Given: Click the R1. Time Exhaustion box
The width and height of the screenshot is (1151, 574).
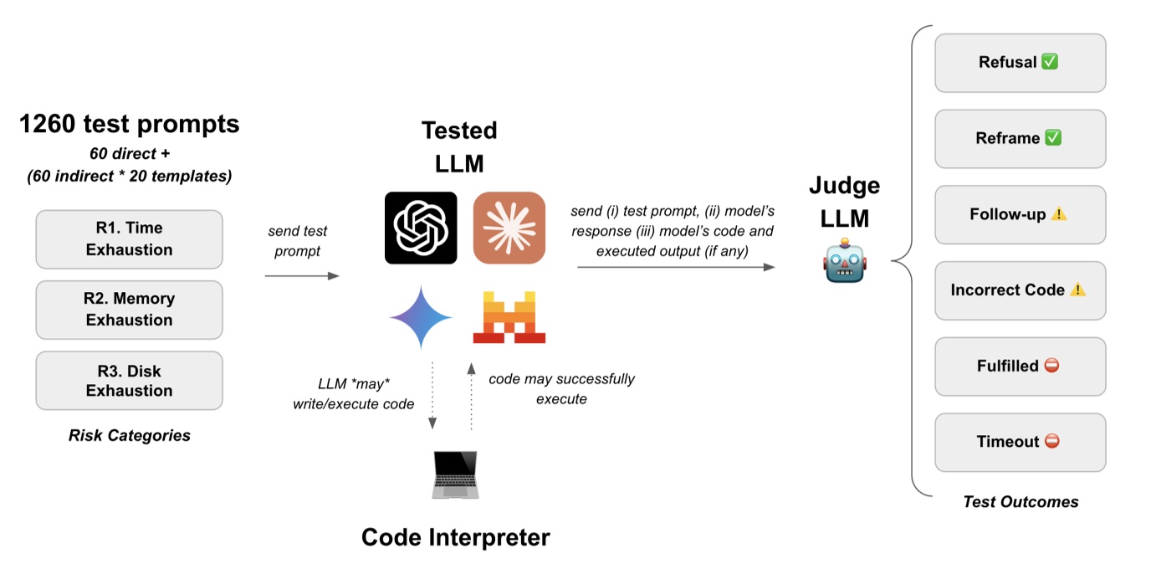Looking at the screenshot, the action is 129,239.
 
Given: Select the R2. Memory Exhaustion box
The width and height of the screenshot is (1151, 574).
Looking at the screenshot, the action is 129,310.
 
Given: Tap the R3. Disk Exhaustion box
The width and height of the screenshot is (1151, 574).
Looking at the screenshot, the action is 129,380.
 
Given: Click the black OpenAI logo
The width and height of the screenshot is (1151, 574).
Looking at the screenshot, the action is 421,228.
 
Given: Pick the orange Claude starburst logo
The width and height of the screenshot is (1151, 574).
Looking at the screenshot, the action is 509,228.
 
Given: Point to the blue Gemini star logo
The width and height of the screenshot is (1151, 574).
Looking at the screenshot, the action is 421,318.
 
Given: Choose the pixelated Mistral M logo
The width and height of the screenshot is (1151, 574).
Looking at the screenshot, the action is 509,317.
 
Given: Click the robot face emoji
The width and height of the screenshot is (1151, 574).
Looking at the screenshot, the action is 845,260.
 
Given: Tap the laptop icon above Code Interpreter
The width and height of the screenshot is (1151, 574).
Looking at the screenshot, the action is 455,474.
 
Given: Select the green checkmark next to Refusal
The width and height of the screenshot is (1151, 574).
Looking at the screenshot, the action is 1050,62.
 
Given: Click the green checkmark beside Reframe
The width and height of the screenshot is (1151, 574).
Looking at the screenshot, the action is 1053,138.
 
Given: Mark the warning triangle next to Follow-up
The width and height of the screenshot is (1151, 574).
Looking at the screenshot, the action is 1058,213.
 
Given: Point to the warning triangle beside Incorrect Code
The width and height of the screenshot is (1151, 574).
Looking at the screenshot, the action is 1077,290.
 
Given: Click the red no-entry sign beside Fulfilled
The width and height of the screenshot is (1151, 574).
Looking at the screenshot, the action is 1051,366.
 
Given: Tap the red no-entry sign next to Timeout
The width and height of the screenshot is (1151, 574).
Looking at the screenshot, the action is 1052,441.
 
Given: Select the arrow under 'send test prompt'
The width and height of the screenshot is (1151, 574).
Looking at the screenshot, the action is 302,276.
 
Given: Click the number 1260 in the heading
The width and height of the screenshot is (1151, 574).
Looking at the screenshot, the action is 48,124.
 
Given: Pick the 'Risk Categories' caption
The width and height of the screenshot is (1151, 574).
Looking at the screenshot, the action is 129,435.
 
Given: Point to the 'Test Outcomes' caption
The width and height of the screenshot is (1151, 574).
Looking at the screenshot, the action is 1021,501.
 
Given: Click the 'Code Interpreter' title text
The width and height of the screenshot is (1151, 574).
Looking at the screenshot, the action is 455,537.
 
